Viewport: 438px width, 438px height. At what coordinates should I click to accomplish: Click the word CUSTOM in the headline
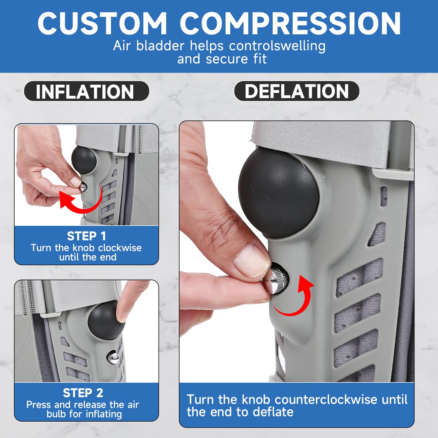point(102,24)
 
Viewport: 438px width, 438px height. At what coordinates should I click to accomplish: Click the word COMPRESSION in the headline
point(290,24)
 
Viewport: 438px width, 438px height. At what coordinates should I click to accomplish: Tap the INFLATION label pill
point(87,91)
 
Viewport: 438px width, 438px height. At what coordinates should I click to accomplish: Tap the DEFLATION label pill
point(297,91)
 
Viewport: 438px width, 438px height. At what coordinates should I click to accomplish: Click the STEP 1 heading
point(87,236)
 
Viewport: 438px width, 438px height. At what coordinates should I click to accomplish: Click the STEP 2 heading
point(83,393)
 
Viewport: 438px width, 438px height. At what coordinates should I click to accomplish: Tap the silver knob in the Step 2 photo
point(113,358)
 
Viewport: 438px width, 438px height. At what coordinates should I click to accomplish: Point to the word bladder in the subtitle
point(160,46)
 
